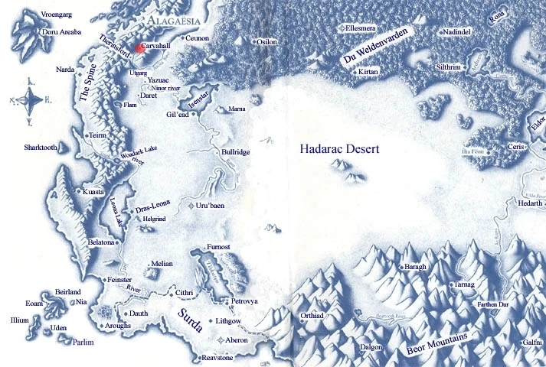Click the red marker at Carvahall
tap(139, 47)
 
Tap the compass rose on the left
tap(28, 99)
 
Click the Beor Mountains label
tap(440, 340)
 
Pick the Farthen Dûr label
tap(518, 304)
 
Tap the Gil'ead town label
tap(177, 115)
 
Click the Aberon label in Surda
tap(237, 339)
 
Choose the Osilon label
tap(266, 42)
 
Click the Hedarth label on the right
tap(529, 203)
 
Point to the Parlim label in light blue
tap(83, 343)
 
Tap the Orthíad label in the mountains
tap(312, 315)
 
